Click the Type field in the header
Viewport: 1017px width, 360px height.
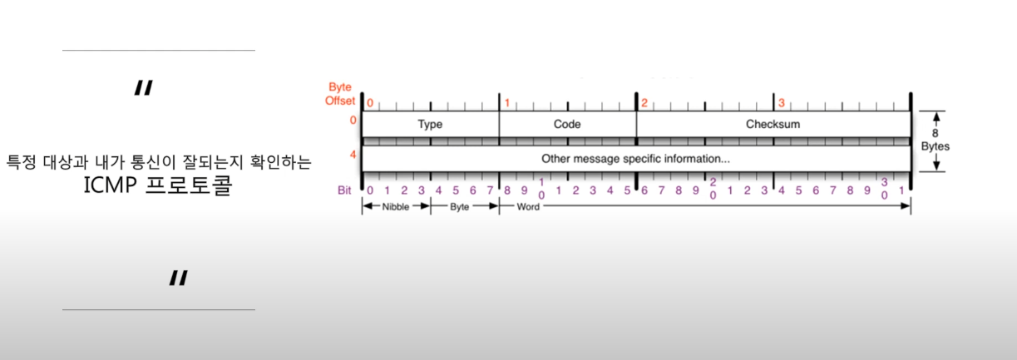pyautogui.click(x=430, y=124)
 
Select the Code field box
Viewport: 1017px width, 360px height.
pyautogui.click(x=567, y=124)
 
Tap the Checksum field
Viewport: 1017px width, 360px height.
pyautogui.click(x=773, y=124)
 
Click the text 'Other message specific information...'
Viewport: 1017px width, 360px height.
pyautogui.click(x=635, y=157)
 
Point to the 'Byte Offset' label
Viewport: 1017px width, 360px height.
pyautogui.click(x=340, y=93)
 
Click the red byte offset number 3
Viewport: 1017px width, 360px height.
pyautogui.click(x=781, y=103)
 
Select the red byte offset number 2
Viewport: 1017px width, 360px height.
pyautogui.click(x=644, y=103)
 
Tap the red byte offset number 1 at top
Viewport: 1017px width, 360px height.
pyautogui.click(x=506, y=103)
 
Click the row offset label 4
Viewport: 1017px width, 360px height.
pyautogui.click(x=353, y=154)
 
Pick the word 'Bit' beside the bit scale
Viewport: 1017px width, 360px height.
pyautogui.click(x=345, y=190)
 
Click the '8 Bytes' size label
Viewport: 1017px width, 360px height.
pyautogui.click(x=935, y=139)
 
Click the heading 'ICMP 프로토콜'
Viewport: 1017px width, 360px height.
pyautogui.click(x=158, y=186)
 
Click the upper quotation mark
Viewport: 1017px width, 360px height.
pyautogui.click(x=144, y=89)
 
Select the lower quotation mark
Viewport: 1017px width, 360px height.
pyautogui.click(x=177, y=279)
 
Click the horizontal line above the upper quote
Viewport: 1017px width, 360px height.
pyautogui.click(x=158, y=50)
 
